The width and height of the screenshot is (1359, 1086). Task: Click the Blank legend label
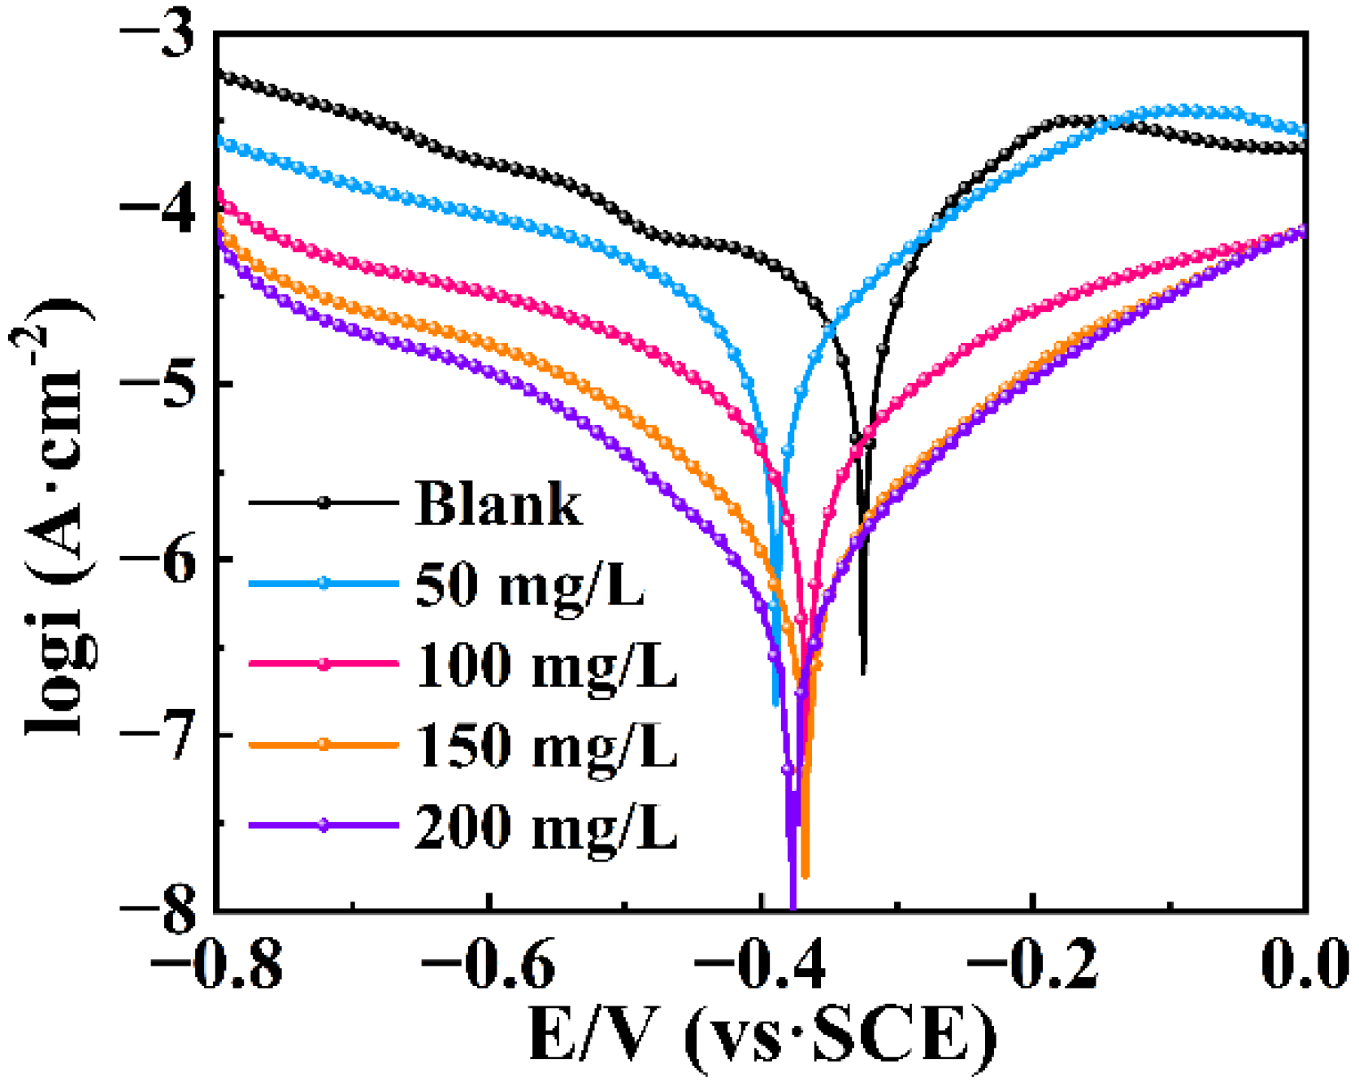(498, 504)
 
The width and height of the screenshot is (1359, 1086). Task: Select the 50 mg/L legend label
(530, 584)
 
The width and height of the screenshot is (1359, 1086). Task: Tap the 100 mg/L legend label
(546, 665)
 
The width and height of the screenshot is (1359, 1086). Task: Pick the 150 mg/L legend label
(546, 745)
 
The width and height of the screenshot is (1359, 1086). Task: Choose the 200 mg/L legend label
(546, 826)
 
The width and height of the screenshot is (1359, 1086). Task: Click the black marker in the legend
(324, 503)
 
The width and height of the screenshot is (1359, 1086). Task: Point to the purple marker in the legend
(324, 825)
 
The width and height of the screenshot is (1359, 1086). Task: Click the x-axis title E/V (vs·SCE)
(762, 1036)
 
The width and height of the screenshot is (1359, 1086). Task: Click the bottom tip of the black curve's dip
(863, 672)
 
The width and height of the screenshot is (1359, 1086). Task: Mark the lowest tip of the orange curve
(805, 876)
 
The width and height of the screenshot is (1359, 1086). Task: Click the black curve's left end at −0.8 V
(221, 76)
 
